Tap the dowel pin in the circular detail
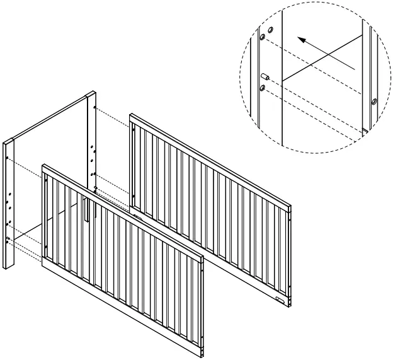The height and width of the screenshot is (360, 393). pyautogui.click(x=266, y=78)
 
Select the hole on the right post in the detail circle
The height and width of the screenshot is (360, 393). pyautogui.click(x=374, y=101)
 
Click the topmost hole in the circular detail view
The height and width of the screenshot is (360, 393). pyautogui.click(x=271, y=30)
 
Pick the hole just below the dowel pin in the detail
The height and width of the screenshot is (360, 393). pyautogui.click(x=261, y=88)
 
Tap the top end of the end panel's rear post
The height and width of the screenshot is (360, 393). pyautogui.click(x=90, y=94)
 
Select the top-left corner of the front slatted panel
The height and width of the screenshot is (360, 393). pyautogui.click(x=44, y=167)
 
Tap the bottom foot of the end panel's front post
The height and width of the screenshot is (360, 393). pyautogui.click(x=8, y=267)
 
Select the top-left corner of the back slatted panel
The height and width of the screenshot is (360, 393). pyautogui.click(x=132, y=116)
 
